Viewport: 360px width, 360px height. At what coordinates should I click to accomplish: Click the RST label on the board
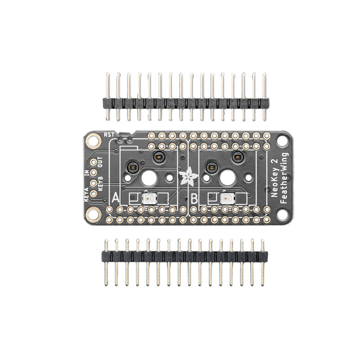coord(109,134)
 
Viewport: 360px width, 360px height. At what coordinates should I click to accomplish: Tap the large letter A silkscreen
coord(116,198)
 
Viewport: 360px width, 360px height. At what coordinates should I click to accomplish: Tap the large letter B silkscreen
coord(194,198)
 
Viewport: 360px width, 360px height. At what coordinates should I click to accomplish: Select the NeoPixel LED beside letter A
coord(147,198)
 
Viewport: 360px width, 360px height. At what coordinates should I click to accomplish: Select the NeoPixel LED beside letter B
coord(226,198)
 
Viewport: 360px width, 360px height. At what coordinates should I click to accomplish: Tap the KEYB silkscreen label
coord(100,183)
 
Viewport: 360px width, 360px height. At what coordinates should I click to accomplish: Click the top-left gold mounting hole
coord(93,141)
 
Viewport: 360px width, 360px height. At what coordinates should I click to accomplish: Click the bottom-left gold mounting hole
coord(93,215)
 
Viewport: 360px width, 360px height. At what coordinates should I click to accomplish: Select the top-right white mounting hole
coord(282,141)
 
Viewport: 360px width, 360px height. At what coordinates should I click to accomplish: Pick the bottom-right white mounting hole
coord(282,215)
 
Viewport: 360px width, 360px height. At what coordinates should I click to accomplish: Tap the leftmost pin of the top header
coord(108,97)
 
